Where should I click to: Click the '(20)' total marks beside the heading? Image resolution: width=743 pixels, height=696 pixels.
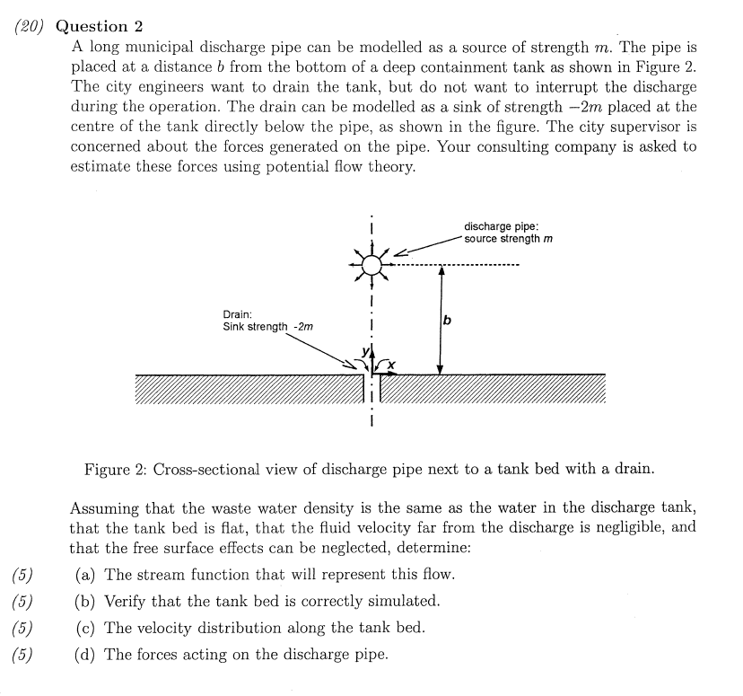pyautogui.click(x=30, y=26)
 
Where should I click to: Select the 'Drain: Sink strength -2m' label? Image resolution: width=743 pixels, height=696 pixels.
pyautogui.click(x=267, y=321)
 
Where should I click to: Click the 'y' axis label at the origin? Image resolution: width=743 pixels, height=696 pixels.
pyautogui.click(x=363, y=351)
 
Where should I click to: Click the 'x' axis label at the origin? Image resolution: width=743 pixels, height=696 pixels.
pyautogui.click(x=391, y=364)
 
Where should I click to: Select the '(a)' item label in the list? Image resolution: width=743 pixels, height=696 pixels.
pyautogui.click(x=85, y=575)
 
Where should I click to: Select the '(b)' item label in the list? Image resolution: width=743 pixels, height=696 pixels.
pyautogui.click(x=85, y=601)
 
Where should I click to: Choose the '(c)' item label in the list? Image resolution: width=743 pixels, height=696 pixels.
pyautogui.click(x=85, y=628)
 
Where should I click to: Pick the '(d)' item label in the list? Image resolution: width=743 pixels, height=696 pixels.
pyautogui.click(x=85, y=654)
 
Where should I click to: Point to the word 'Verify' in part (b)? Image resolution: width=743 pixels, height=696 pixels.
pyautogui.click(x=126, y=601)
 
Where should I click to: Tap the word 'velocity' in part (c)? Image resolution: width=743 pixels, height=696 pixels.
pyautogui.click(x=166, y=628)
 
